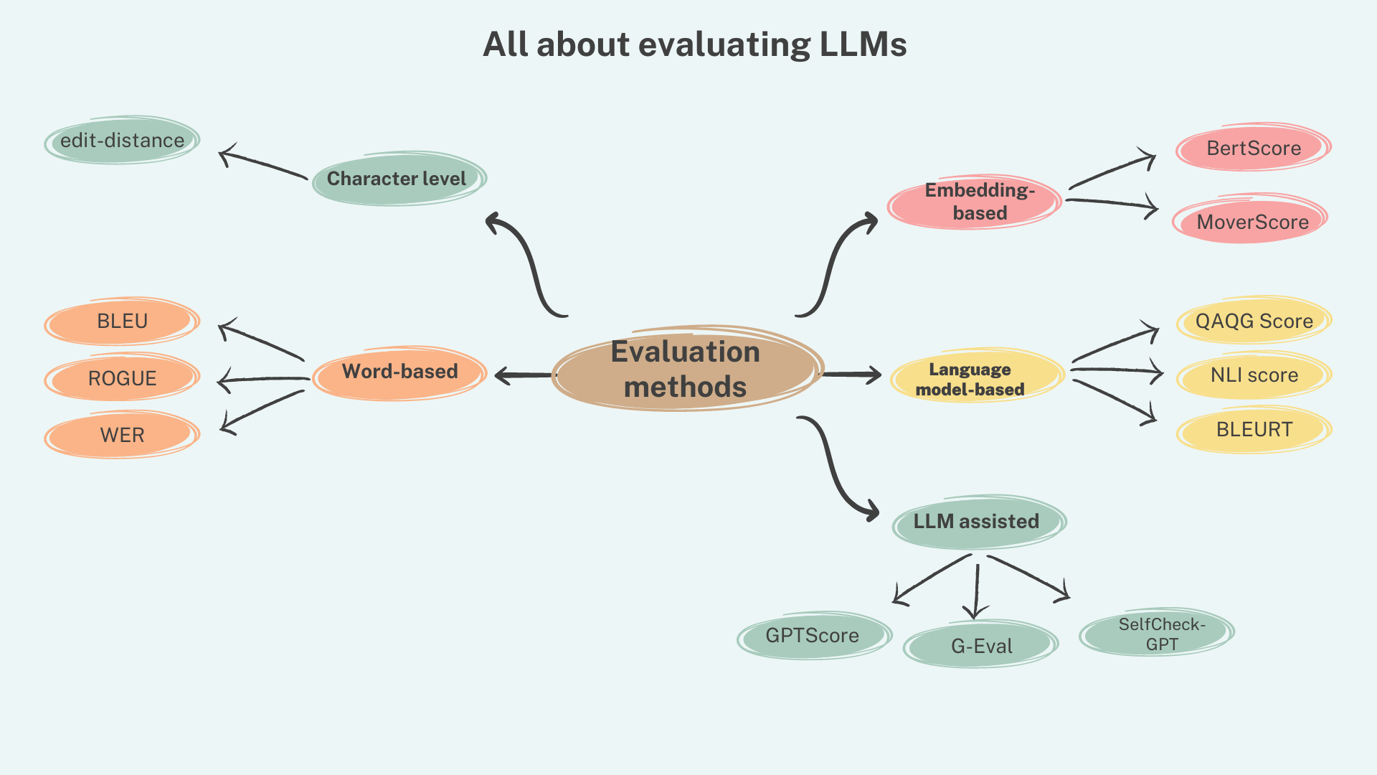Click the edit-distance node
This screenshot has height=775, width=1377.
122,141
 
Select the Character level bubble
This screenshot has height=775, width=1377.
399,179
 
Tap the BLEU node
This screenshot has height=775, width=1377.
122,321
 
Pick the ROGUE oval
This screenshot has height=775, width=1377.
122,378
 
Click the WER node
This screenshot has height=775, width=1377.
122,435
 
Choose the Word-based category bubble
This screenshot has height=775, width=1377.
399,372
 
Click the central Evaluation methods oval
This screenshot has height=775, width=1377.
686,369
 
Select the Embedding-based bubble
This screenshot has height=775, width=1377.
975,202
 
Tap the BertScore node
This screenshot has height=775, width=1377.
1253,149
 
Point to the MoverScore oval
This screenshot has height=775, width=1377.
1251,222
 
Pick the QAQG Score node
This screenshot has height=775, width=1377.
1254,321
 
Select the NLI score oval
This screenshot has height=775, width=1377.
1254,375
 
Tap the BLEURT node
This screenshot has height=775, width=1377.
1254,430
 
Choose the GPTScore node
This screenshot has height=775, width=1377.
813,636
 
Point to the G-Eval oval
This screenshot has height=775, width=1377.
981,646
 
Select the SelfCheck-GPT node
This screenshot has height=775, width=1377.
1158,634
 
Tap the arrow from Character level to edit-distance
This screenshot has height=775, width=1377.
262,164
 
